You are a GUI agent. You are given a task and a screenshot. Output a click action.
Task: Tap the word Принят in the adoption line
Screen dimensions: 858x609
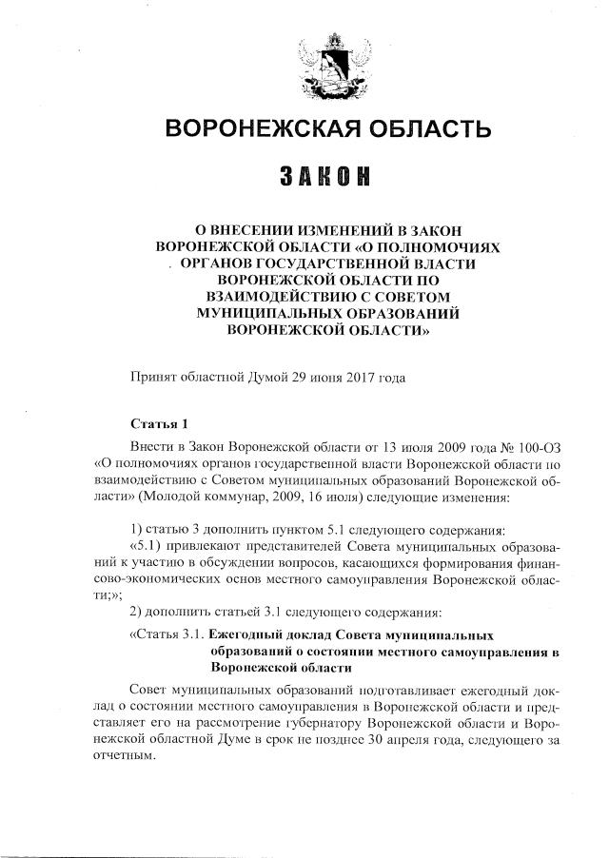tap(152, 379)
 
